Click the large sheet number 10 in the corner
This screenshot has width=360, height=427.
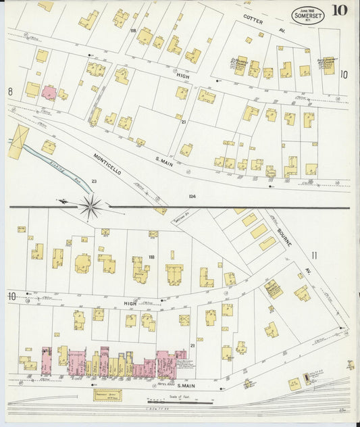click(340, 10)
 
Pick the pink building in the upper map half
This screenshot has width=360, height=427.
click(49, 93)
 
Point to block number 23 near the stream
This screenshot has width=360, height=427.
click(94, 181)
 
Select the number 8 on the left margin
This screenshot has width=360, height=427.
click(10, 91)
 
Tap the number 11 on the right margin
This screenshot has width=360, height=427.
click(313, 255)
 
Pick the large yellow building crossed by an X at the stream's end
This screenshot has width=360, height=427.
click(18, 143)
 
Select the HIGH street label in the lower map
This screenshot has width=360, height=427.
click(130, 304)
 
